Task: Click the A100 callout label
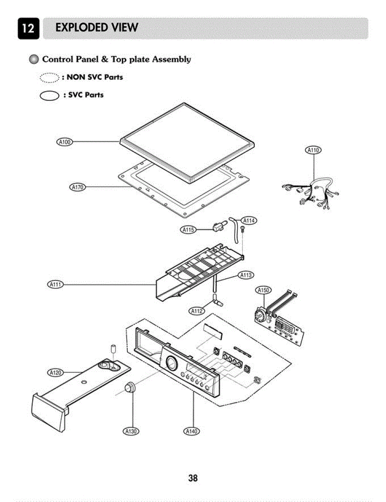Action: [64, 142]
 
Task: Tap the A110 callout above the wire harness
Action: [314, 150]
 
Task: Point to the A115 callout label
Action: [188, 230]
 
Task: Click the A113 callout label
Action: [246, 275]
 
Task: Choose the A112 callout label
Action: [197, 311]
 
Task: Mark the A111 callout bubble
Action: [55, 284]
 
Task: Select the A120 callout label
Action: [55, 372]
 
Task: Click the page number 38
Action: [193, 478]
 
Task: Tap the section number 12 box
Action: [28, 28]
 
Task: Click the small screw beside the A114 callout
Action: [242, 228]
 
